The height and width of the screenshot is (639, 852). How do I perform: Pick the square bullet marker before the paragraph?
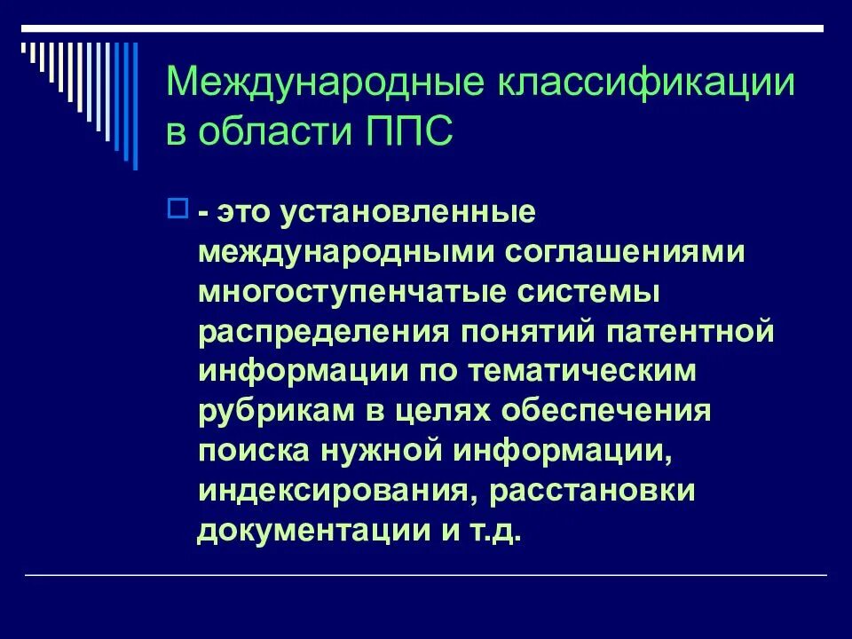coord(176,209)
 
